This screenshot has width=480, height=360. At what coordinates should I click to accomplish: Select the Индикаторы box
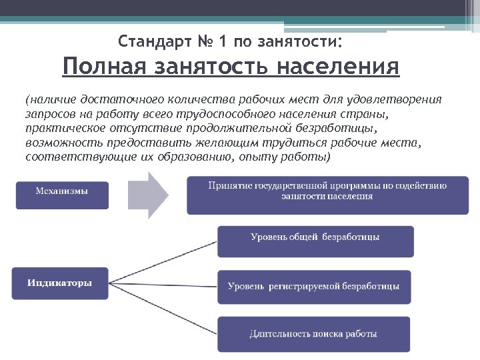[60, 283]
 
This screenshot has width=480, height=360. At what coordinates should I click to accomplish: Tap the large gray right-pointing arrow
[151, 194]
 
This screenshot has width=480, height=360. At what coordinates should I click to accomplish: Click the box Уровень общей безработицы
[315, 241]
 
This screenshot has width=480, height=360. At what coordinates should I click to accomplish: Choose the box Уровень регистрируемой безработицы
[313, 287]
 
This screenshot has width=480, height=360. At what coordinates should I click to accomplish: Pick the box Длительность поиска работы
[313, 334]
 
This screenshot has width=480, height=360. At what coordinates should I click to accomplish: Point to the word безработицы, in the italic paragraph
[343, 128]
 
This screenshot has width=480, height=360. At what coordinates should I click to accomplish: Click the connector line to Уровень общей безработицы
[163, 260]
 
